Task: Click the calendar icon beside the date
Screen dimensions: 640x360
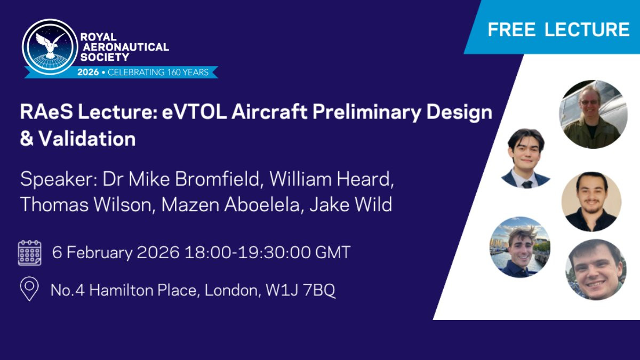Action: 30,253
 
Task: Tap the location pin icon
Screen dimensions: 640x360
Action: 29,289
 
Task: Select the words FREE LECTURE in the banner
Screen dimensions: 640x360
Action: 558,29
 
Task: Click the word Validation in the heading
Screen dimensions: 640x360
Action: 87,139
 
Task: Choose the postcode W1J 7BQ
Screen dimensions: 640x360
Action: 300,290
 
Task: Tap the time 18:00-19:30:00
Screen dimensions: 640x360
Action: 247,252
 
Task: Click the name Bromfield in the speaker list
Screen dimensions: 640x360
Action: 218,179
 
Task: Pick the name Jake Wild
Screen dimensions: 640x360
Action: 351,205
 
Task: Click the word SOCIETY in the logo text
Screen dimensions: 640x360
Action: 105,58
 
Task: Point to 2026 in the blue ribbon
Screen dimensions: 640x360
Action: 88,72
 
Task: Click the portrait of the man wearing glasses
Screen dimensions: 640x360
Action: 593,114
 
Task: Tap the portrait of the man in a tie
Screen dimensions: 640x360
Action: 526,158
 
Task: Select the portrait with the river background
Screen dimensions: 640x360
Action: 520,247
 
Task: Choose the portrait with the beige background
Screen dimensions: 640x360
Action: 591,202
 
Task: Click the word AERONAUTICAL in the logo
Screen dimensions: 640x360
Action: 126,47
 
